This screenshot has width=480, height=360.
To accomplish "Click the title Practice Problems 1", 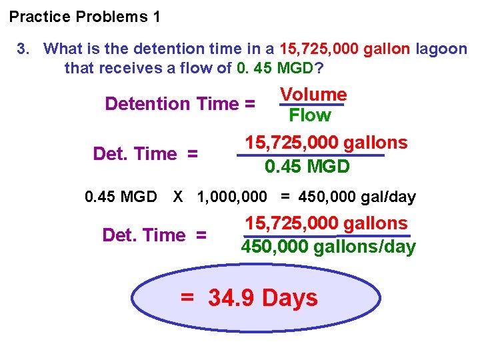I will coord(85,17).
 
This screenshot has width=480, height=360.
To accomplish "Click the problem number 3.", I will coord(23,49).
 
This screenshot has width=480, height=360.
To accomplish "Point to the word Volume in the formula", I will coord(313,95).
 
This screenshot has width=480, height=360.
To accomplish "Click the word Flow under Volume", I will coord(310,115).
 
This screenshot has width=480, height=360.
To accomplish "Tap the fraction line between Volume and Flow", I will coord(311,105).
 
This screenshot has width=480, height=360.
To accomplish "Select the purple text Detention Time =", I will coord(180,104).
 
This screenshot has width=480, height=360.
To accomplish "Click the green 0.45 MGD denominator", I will coord(307,167).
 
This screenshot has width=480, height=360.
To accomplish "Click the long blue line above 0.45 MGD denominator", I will coord(311,155).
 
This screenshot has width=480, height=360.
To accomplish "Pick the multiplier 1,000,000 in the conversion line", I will coord(231,197).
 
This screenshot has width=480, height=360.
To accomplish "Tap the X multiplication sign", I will coord(178,197).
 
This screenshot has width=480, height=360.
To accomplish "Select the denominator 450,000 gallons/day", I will coord(328,247).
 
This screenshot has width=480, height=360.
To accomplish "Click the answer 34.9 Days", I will coord(263,298).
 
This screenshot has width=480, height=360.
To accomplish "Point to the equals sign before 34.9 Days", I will coord(188,298).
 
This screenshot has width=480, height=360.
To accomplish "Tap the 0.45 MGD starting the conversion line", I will coord(121,197).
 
